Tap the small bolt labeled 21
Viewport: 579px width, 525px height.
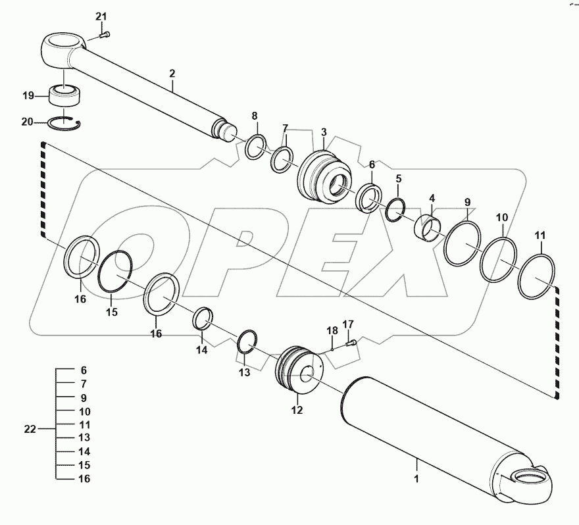tap(105, 34)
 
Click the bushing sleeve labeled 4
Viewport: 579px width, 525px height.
tap(427, 228)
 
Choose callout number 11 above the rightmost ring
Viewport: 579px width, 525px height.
tap(540, 235)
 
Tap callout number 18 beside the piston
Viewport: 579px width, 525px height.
tap(332, 330)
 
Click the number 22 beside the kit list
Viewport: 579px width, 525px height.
tap(30, 429)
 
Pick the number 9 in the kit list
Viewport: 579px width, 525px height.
tap(83, 398)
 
